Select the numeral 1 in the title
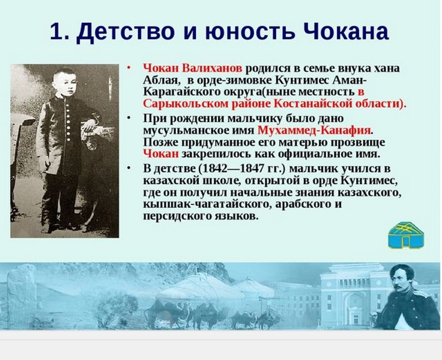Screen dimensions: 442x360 pos(56,31)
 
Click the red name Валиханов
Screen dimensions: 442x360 pos(212,68)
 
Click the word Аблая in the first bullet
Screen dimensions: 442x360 pos(161,80)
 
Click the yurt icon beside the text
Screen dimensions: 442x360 pos(406,235)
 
